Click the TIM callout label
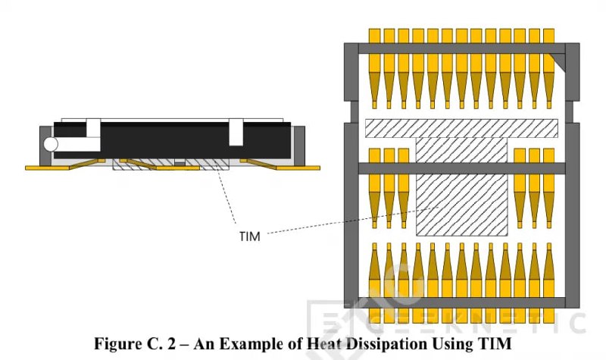pos(250,236)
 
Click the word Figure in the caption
pos(117,343)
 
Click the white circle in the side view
pos(51,144)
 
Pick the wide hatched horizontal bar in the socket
pos(461,128)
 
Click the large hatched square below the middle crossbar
pos(462,205)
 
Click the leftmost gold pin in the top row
pos(374,68)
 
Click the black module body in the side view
pos(172,140)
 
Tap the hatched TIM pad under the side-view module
pos(170,164)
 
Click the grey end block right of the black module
pos(299,144)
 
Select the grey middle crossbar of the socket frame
pos(461,168)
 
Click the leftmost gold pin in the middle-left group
pos(374,188)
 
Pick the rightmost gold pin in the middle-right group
pos(548,188)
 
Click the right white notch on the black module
pos(236,132)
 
